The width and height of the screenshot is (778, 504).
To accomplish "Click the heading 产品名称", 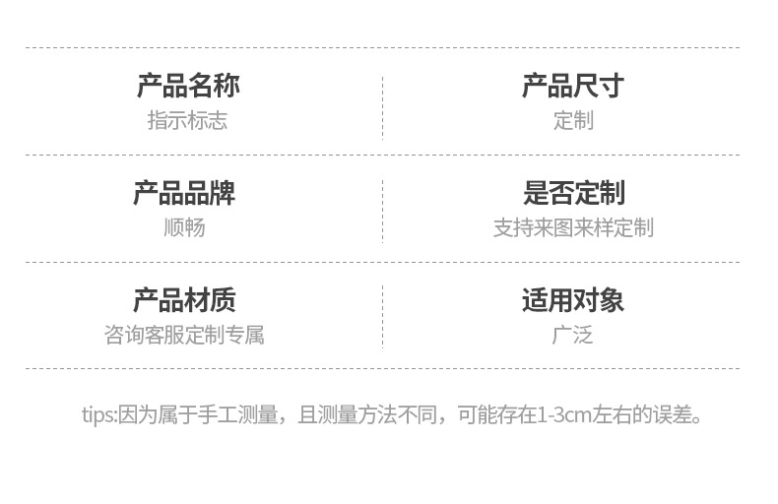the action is coord(187,86).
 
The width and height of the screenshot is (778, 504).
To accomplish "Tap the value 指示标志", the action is coord(187,120).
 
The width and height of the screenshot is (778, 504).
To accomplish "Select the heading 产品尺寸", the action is coord(572,86).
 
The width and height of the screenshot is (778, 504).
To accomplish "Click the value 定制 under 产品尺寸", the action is coord(572,120).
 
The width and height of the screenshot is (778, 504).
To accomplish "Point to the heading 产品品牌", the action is coord(184,193).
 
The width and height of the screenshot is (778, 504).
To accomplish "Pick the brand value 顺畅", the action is coord(184,227).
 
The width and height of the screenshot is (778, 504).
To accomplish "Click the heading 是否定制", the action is coord(572,193).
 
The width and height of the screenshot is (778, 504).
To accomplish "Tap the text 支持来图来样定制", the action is coord(572,227).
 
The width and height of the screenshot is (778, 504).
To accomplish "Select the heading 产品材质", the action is coord(184,300).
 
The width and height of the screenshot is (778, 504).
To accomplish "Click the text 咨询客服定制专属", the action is coord(184,335).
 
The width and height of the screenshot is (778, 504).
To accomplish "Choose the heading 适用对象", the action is coord(572,300).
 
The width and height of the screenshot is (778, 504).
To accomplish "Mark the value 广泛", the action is coord(572,335).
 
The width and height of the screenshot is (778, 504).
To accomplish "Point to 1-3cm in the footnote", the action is coord(564,414).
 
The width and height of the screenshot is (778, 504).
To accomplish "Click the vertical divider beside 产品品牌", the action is coord(382,210).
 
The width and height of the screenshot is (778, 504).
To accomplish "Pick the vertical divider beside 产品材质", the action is coord(382,317).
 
